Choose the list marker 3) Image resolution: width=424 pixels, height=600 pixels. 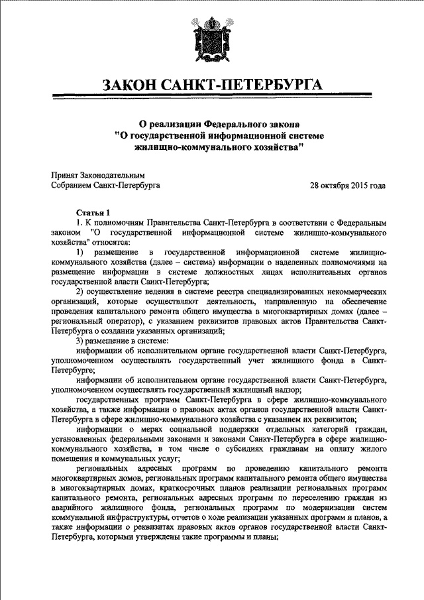pos(79,340)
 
